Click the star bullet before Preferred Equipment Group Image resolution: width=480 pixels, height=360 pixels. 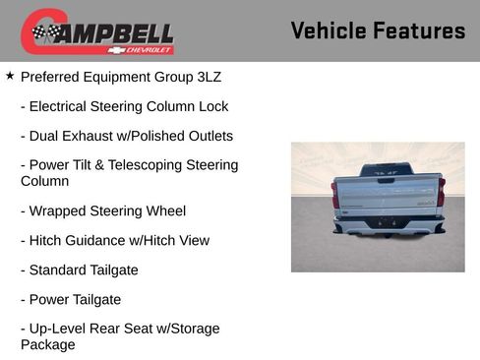pyautogui.click(x=10, y=75)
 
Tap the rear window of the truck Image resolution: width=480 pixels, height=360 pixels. pyautogui.click(x=387, y=170)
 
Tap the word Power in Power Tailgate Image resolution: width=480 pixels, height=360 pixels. pyautogui.click(x=50, y=299)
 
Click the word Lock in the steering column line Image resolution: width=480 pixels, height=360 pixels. pyautogui.click(x=211, y=106)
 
